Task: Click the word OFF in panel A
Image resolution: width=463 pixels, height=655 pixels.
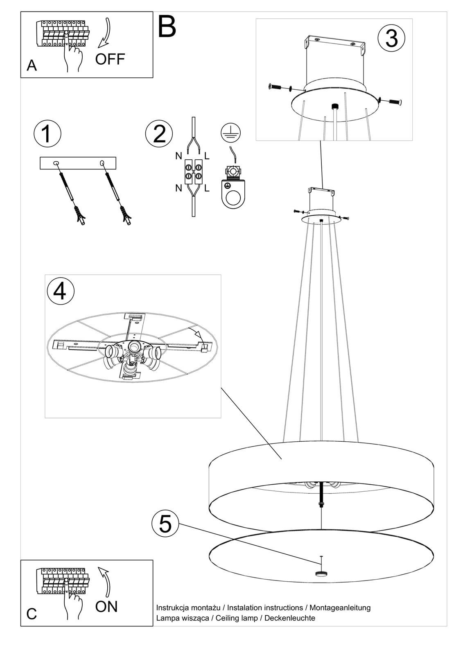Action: pyautogui.click(x=110, y=59)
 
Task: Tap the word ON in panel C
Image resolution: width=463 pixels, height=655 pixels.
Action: pyautogui.click(x=106, y=606)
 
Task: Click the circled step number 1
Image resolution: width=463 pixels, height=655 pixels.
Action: pyautogui.click(x=47, y=134)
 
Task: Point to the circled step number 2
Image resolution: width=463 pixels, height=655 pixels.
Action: pyautogui.click(x=159, y=134)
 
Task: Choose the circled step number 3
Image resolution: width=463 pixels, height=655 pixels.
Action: pyautogui.click(x=391, y=38)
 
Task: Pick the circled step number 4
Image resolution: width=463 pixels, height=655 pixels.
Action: pyautogui.click(x=60, y=291)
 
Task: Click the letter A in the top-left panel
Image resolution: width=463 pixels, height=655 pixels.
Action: pyautogui.click(x=32, y=65)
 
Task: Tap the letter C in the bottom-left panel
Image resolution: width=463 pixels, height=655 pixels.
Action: pyautogui.click(x=32, y=612)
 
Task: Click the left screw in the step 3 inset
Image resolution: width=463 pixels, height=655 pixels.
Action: pyautogui.click(x=275, y=86)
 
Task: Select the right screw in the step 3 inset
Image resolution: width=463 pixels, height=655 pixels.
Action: pyautogui.click(x=395, y=102)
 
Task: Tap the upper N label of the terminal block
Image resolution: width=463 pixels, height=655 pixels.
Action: pyautogui.click(x=179, y=156)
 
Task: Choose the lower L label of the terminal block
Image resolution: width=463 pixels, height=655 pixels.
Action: pyautogui.click(x=207, y=188)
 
